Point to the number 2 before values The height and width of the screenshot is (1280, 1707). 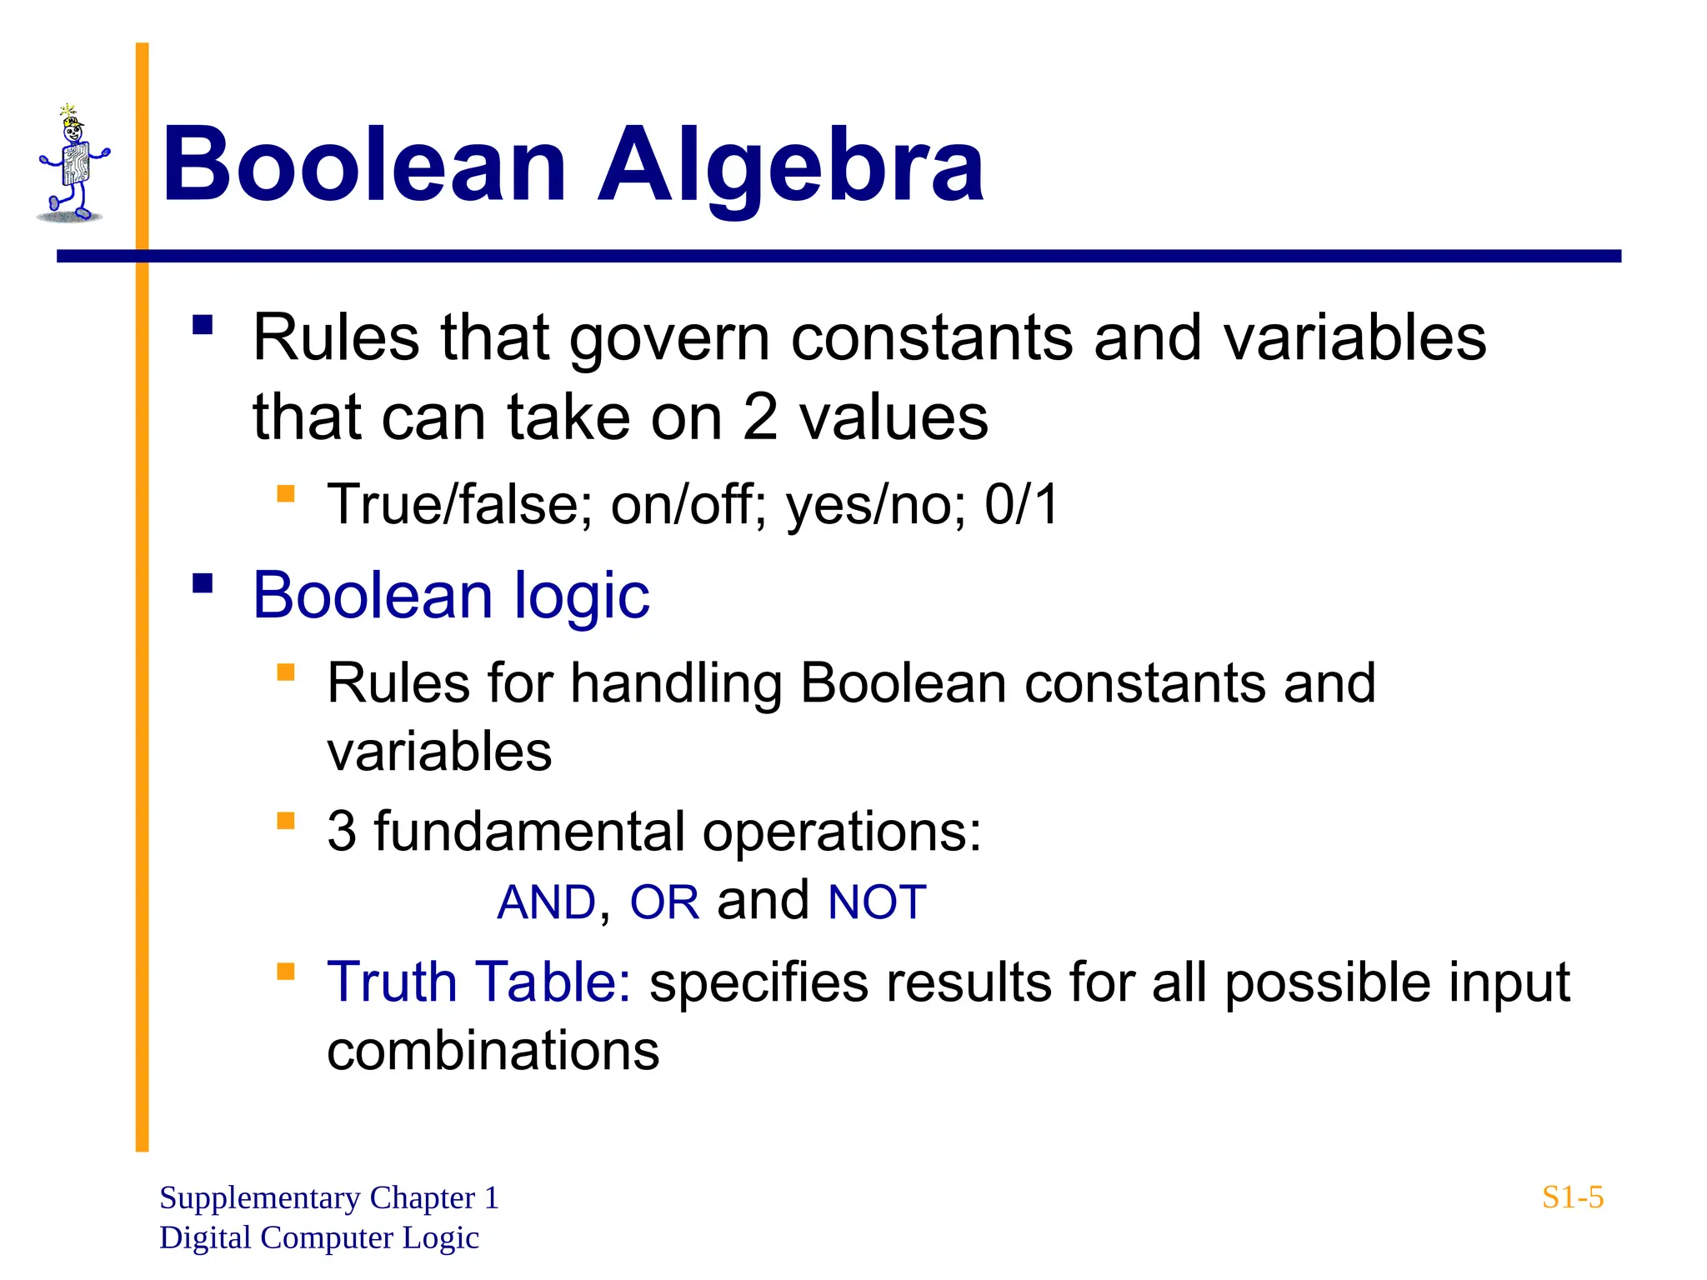pyautogui.click(x=759, y=417)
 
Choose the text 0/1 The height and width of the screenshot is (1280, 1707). pyautogui.click(x=1021, y=505)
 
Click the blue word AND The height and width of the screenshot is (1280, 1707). pyautogui.click(x=547, y=902)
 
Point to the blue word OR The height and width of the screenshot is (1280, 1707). pyautogui.click(x=664, y=902)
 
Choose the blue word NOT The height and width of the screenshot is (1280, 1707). pyautogui.click(x=877, y=902)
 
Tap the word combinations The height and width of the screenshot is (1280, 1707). pyautogui.click(x=493, y=1051)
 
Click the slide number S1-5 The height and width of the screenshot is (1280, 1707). pyautogui.click(x=1572, y=1197)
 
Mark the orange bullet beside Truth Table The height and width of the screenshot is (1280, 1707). pyautogui.click(x=286, y=971)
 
